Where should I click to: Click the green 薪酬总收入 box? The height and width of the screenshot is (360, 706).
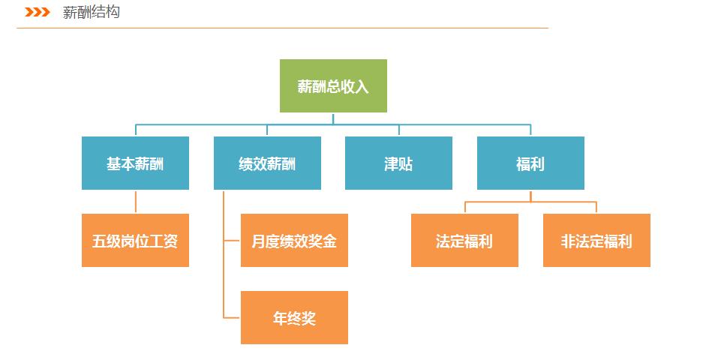coord(333,85)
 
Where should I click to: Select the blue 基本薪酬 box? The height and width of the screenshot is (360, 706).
coord(135,163)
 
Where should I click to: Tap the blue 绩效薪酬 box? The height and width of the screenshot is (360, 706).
coord(267,163)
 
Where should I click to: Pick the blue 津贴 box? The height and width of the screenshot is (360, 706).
coord(398,163)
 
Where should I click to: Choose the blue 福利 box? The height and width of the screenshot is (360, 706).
coord(530,163)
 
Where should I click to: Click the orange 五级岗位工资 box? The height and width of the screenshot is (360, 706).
coord(135,240)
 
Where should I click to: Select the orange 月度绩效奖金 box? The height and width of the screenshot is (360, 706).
coord(294,240)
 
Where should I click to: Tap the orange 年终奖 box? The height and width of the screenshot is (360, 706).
coord(294,318)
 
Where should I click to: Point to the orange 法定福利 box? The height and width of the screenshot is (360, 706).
coord(464,240)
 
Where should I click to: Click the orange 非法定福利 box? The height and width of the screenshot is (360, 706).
coord(596,240)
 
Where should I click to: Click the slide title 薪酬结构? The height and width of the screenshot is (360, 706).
coord(92,12)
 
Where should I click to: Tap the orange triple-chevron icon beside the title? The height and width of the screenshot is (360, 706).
coord(38,12)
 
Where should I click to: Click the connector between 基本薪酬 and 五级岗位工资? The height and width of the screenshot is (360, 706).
coord(136,202)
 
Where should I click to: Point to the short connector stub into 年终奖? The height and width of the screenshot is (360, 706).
coord(232,318)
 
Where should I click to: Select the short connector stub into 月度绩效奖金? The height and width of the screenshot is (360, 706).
coord(232,240)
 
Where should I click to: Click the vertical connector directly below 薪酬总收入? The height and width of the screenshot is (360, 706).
coord(333,118)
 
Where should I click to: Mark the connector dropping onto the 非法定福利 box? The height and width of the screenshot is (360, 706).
coord(596,208)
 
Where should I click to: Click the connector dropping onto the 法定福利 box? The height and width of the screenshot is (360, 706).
coord(465,208)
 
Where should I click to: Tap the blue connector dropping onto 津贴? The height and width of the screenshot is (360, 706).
coord(399,130)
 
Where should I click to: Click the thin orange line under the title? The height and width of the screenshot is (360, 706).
coord(282,28)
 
